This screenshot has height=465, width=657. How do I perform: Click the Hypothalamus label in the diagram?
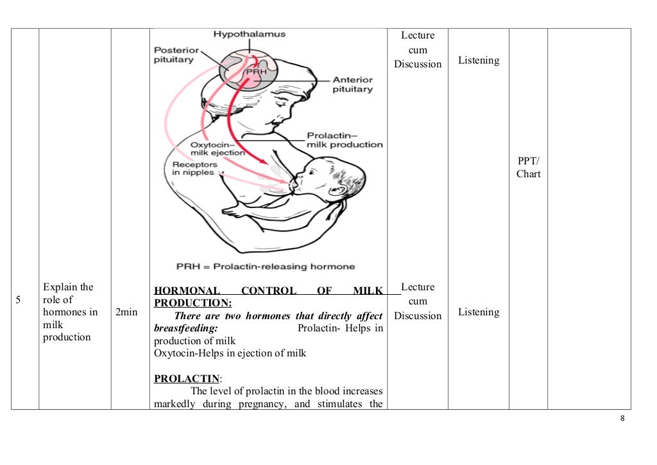(250, 33)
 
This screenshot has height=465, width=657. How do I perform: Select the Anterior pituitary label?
(352, 85)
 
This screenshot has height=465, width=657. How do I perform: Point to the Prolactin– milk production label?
(344, 140)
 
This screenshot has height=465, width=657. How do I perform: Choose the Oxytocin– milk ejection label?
(218, 149)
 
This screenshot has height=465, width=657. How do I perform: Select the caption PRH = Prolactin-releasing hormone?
(266, 267)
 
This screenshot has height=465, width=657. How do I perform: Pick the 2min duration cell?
(126, 312)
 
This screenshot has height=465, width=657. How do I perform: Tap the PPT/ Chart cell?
(528, 167)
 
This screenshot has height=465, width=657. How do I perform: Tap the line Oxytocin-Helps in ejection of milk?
(230, 353)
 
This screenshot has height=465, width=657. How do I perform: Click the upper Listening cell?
(478, 60)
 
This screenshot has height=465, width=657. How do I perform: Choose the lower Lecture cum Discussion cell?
(418, 301)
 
